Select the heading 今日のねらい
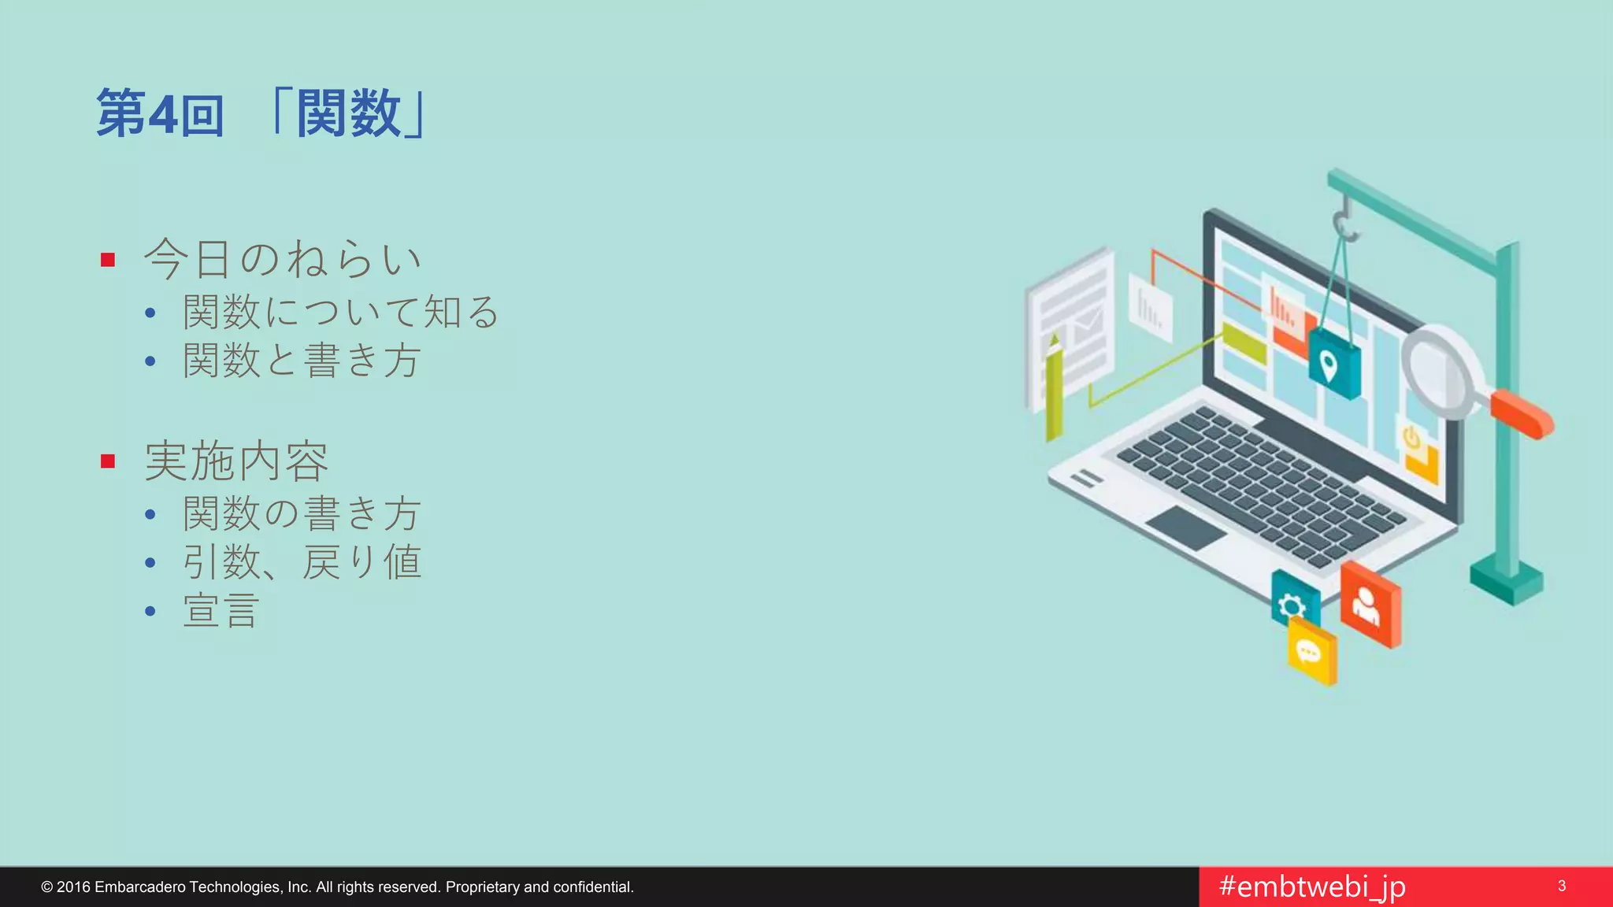(x=282, y=259)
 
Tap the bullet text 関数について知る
(x=340, y=313)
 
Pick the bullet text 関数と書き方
(x=301, y=361)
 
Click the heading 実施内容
(x=236, y=461)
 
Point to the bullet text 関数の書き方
(x=301, y=514)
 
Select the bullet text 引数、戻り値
(x=301, y=563)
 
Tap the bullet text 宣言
(x=221, y=611)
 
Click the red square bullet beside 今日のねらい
(x=108, y=260)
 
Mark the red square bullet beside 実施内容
(x=108, y=461)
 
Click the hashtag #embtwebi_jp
(x=1312, y=887)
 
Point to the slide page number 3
(x=1562, y=887)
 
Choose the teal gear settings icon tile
(x=1293, y=603)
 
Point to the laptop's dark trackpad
(x=1185, y=527)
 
